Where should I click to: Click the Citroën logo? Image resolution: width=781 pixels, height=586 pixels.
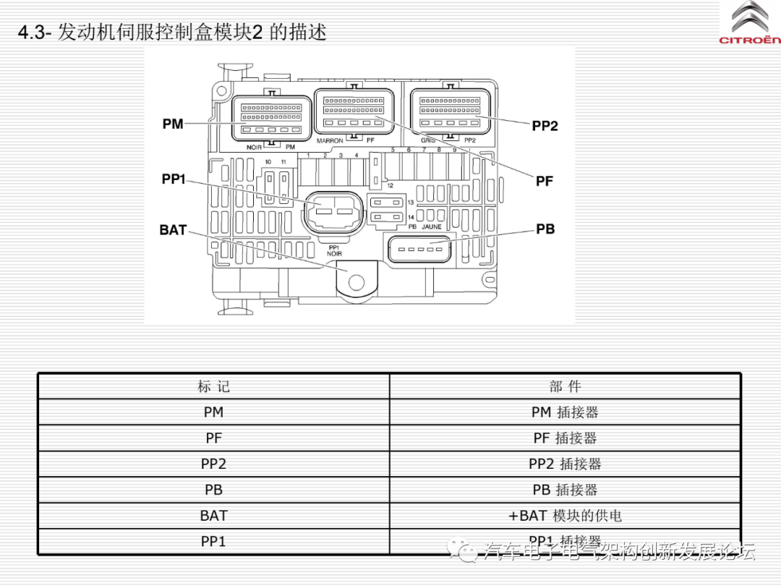(750, 22)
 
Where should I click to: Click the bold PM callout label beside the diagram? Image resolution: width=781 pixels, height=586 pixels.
(173, 124)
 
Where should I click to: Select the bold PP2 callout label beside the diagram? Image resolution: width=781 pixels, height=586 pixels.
(545, 126)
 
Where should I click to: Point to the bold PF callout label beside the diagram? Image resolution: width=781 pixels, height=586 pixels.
(545, 181)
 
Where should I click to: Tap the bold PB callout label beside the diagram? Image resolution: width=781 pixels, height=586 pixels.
(545, 229)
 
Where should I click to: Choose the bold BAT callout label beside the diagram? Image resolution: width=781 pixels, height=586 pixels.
(173, 230)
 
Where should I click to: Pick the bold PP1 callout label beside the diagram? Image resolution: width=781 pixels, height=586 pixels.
(174, 179)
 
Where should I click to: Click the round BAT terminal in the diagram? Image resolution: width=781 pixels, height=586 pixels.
(355, 280)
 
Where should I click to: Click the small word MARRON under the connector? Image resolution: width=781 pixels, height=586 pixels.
(330, 141)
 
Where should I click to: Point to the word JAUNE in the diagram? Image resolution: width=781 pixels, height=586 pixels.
(432, 227)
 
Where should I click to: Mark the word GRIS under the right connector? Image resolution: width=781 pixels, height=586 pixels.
(428, 140)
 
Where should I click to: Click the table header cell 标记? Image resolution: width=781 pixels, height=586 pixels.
(213, 386)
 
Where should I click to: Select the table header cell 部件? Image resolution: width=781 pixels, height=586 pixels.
(565, 386)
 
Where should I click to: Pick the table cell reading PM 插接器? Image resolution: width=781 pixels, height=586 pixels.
(565, 412)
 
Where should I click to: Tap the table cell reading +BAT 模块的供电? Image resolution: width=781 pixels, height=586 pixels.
(565, 516)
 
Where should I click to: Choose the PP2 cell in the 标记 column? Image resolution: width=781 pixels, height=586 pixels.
(213, 464)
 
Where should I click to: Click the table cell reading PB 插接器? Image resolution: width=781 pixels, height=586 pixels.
(565, 490)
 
